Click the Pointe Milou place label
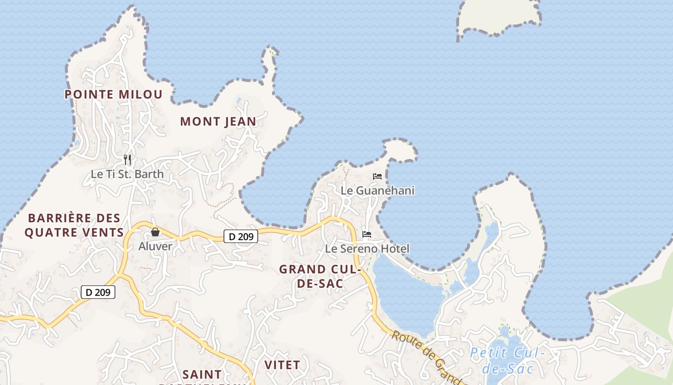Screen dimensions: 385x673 (114, 94)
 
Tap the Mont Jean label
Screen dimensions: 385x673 (218, 122)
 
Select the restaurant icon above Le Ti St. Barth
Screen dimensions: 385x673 (127, 159)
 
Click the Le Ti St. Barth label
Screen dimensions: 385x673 (127, 174)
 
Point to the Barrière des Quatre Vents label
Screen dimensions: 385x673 (74, 226)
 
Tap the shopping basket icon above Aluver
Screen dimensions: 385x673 (155, 232)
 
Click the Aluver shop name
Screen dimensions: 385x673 (155, 246)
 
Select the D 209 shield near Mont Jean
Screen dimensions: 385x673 (241, 236)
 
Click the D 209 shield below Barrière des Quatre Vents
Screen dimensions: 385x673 (98, 292)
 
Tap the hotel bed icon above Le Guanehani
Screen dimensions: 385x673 (377, 177)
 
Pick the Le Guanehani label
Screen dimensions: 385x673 (377, 191)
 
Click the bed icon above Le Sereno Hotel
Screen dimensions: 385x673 (367, 235)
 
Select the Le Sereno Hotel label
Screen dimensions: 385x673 (367, 249)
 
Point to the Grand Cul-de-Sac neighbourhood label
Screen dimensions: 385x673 (320, 277)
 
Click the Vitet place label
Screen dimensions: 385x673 (282, 365)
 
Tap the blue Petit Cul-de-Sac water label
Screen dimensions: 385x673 (508, 361)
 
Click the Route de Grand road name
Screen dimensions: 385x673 (425, 356)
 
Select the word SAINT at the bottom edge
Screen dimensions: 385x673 (202, 374)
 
